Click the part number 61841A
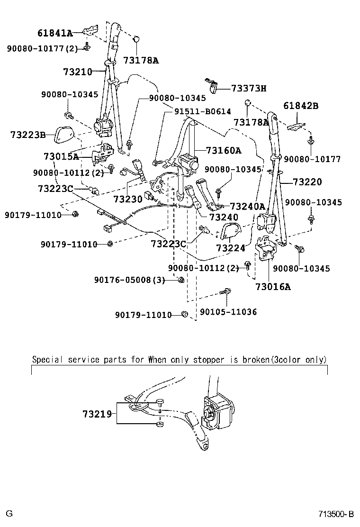pyautogui.click(x=55, y=33)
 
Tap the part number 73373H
pyautogui.click(x=249, y=88)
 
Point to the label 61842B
pyautogui.click(x=301, y=106)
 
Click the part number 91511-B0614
pyautogui.click(x=202, y=112)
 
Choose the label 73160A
pyautogui.click(x=224, y=151)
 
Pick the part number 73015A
pyautogui.click(x=61, y=156)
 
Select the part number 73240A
pyautogui.click(x=247, y=206)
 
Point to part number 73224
pyautogui.click(x=231, y=248)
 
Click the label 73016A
pyautogui.click(x=273, y=286)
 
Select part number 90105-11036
pyautogui.click(x=228, y=312)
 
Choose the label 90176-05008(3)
pyautogui.click(x=130, y=281)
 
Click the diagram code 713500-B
pyautogui.click(x=336, y=514)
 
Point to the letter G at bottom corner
pyautogui.click(x=9, y=514)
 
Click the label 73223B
pyautogui.click(x=27, y=135)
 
